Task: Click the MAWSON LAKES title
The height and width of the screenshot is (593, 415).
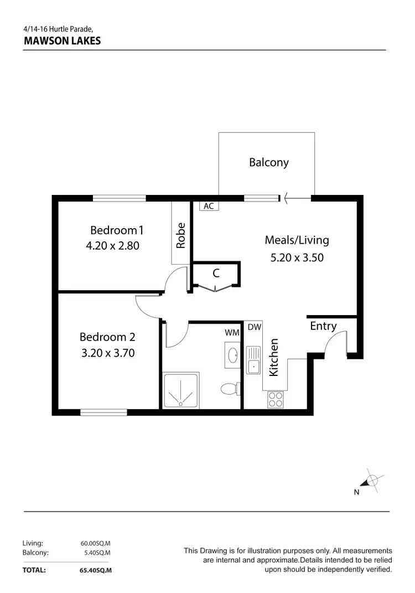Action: pos(62,40)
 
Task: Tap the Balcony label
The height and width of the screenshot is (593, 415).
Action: pos(268,162)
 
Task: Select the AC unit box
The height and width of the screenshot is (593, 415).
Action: pos(209,206)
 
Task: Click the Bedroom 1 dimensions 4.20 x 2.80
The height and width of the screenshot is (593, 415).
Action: pos(112,245)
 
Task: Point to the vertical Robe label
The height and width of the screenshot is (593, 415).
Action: pos(180,235)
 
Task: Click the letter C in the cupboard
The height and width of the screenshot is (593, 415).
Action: pos(216,273)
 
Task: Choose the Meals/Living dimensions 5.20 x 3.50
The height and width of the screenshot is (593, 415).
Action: pos(297,257)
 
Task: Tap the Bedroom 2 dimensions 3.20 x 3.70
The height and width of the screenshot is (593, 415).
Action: pos(108,353)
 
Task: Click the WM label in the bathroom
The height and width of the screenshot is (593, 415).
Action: pos(232,332)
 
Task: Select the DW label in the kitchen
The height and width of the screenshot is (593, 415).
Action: pos(254,328)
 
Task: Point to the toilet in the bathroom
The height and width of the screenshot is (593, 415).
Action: pos(229,389)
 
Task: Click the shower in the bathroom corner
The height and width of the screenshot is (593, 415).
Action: pos(180,390)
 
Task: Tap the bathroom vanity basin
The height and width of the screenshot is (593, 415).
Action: pos(232,355)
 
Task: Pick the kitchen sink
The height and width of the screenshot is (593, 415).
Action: pos(253,360)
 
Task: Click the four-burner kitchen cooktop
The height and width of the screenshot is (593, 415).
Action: pos(276,399)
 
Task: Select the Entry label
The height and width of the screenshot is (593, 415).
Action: pos(323,326)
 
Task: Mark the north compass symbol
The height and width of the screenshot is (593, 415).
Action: pos(372,481)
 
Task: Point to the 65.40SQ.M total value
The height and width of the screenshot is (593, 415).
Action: pos(95,570)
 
